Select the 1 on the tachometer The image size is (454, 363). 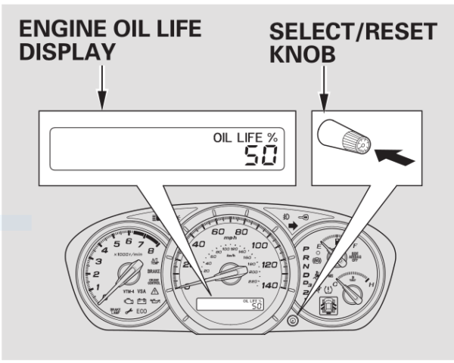[x=98, y=288]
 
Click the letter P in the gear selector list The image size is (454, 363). [x=306, y=248]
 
